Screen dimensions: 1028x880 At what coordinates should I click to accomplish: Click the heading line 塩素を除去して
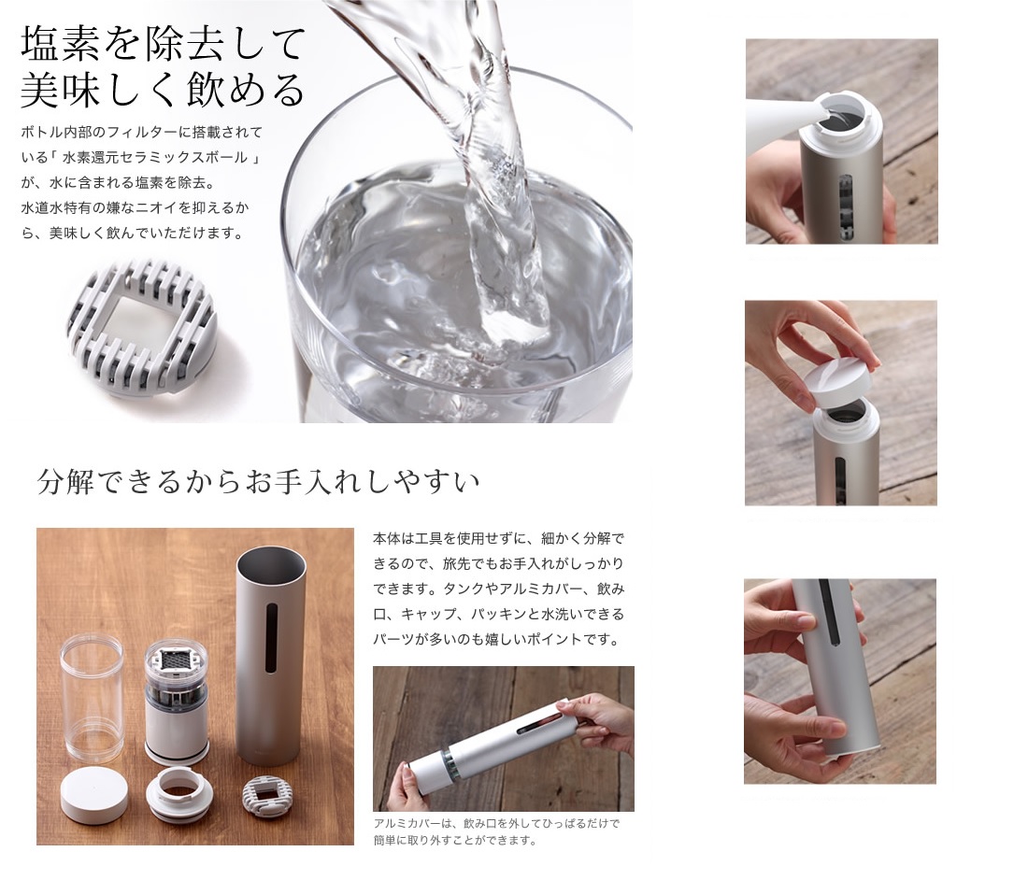click(x=164, y=45)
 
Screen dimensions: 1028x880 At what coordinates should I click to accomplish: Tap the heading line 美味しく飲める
click(x=164, y=90)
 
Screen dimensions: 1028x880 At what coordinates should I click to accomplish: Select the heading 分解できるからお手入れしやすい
click(x=259, y=482)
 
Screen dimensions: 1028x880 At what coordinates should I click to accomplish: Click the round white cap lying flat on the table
click(x=94, y=794)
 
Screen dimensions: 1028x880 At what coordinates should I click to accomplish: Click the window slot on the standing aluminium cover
click(x=271, y=637)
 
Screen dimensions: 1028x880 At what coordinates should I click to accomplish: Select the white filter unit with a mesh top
click(x=176, y=703)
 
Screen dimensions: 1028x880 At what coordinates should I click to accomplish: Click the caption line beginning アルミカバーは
click(x=496, y=824)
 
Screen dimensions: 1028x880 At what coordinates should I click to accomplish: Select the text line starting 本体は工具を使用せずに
click(x=498, y=539)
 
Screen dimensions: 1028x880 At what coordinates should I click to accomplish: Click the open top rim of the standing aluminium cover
click(x=271, y=560)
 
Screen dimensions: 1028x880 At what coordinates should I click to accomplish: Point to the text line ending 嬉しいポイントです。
click(x=496, y=640)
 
